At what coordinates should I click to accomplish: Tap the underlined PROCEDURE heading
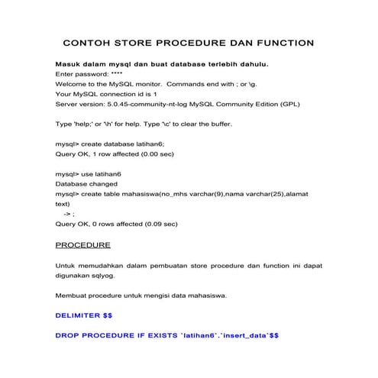pyautogui.click(x=83, y=245)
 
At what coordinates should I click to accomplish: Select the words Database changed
pyautogui.click(x=86, y=184)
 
